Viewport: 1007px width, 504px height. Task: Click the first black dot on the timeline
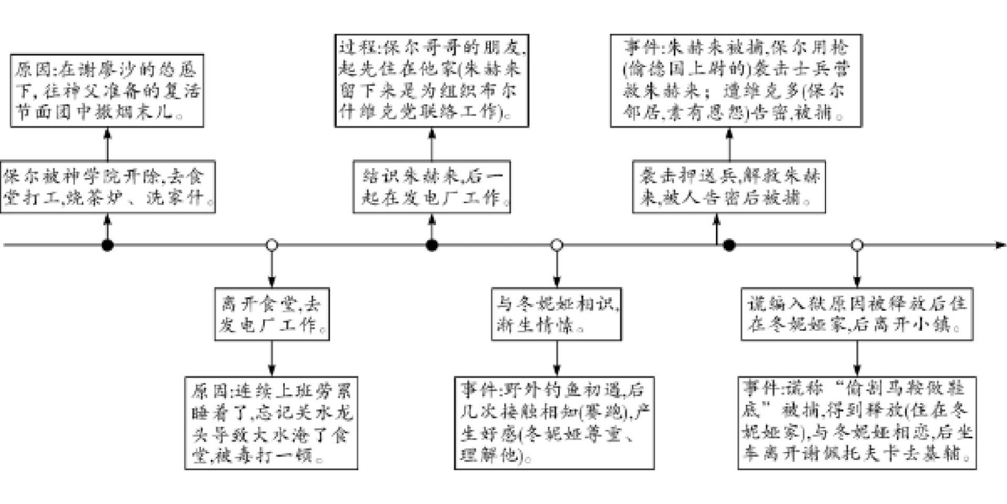(x=107, y=245)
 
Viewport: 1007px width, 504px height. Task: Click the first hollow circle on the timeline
(x=271, y=245)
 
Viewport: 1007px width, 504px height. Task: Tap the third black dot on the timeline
(x=729, y=245)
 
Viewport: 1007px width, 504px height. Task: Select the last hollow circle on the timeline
(x=857, y=245)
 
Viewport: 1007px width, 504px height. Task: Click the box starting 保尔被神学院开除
(x=107, y=187)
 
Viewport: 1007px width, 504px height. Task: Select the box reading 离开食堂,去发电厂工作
(x=271, y=314)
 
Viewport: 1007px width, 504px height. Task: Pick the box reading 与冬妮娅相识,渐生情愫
(x=556, y=314)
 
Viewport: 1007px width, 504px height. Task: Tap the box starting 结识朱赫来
(x=432, y=187)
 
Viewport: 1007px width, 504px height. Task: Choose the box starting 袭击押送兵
(x=729, y=187)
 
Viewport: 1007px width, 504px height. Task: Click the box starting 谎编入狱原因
(x=857, y=314)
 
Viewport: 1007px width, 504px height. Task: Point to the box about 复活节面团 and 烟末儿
(x=107, y=91)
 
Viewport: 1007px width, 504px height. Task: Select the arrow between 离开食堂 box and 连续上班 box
(x=271, y=358)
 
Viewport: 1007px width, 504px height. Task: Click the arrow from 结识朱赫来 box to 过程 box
(x=432, y=144)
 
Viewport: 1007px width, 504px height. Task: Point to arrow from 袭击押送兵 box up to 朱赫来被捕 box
(x=729, y=144)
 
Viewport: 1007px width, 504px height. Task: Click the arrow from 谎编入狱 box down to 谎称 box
(x=857, y=358)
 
